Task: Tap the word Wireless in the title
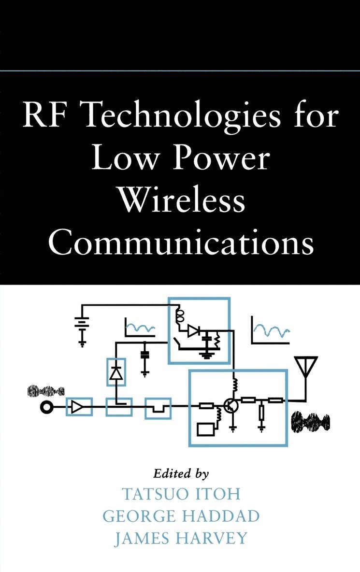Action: tap(180, 200)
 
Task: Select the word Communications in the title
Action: tap(180, 242)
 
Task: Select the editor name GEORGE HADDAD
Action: tap(180, 515)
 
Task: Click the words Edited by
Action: tap(180, 473)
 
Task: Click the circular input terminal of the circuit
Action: tap(47, 408)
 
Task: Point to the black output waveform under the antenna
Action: tap(310, 421)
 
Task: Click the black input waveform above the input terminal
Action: tap(46, 390)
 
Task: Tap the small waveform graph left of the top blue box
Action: tap(139, 328)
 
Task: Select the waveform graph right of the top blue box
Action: tap(270, 331)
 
